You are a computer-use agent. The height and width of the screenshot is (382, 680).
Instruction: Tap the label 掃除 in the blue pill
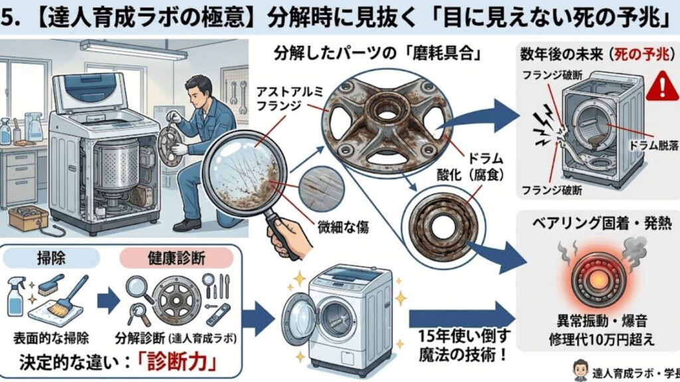click(54, 255)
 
